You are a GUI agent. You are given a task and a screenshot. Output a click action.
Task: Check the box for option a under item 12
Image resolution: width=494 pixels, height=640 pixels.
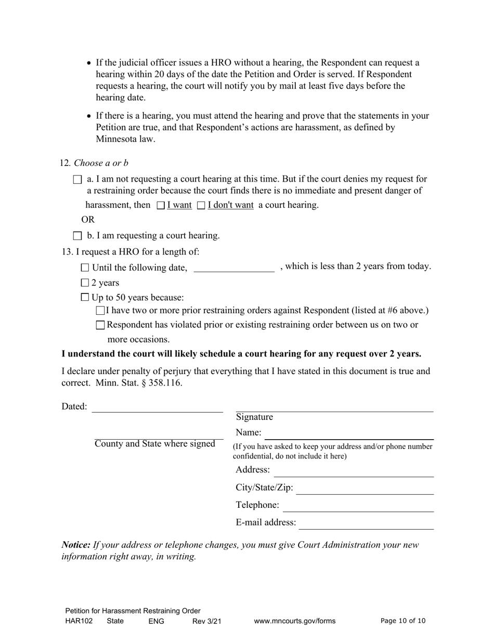(78, 180)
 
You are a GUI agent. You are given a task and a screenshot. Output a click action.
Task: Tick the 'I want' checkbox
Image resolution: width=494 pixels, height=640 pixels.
(161, 206)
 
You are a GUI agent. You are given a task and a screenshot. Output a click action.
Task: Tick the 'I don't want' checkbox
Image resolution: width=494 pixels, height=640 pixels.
(201, 206)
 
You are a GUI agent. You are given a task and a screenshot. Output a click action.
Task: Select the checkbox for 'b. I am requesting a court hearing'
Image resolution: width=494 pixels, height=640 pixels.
(78, 236)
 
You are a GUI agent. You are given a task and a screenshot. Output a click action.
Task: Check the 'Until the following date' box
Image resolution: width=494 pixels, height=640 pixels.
(85, 267)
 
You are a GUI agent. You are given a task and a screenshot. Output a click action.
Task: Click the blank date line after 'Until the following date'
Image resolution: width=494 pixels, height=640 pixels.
(233, 267)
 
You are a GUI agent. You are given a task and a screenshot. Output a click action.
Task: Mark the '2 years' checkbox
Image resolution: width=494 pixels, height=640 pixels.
(85, 283)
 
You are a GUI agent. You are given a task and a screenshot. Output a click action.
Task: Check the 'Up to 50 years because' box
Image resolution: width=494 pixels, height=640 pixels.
(85, 298)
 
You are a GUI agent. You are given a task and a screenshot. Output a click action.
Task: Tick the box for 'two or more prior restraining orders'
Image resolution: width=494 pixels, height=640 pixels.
(101, 311)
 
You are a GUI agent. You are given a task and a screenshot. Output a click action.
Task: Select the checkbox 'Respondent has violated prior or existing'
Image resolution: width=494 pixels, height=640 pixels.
(101, 325)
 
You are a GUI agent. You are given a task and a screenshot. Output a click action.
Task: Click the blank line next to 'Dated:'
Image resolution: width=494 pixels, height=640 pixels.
(157, 407)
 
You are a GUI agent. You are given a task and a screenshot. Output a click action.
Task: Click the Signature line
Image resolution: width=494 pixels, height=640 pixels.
(334, 407)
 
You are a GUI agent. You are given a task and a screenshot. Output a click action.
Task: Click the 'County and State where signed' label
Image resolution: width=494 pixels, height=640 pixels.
(155, 444)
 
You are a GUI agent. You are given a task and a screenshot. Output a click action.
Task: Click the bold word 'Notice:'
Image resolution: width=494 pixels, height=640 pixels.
(76, 545)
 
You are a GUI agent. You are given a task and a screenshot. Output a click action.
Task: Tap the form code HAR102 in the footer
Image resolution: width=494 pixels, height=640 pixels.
(79, 621)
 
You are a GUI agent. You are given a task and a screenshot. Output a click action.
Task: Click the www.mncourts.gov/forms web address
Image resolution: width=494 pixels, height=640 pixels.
(295, 621)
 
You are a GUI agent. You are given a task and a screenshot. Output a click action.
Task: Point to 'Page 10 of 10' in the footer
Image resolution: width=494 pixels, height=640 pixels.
(403, 621)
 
